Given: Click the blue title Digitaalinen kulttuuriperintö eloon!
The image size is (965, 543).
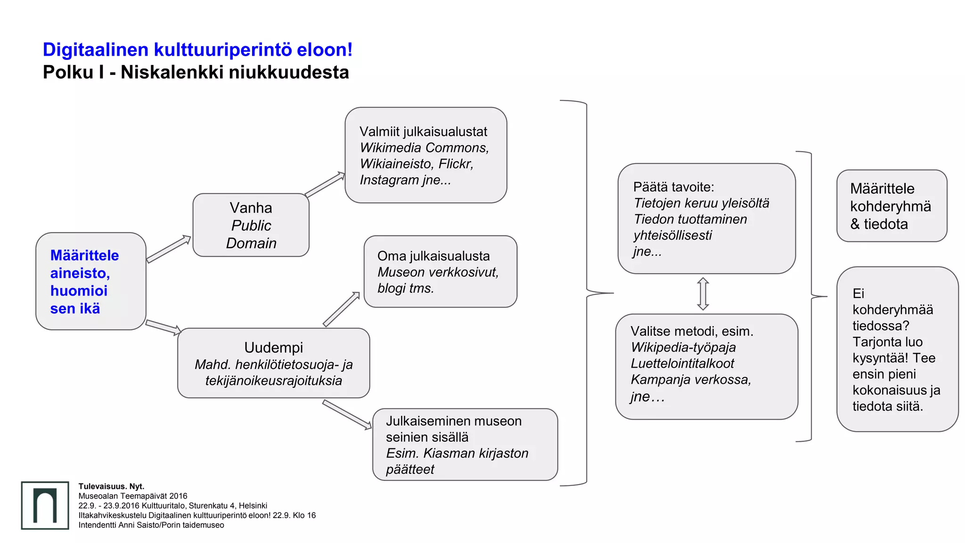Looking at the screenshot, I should coord(197,49).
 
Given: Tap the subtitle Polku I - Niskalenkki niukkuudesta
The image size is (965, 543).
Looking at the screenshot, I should coord(196,72).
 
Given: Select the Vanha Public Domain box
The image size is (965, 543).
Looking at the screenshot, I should coord(251,225).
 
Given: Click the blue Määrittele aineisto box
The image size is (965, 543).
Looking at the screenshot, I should coord(90,281).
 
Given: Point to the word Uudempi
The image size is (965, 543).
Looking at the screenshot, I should coord(273,347).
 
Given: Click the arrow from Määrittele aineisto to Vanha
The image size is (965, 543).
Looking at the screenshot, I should coord(169,248).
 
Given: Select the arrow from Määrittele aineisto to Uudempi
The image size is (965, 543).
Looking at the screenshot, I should coord(164,327).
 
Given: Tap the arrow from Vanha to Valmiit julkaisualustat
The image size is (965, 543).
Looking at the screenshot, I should coord(325,184).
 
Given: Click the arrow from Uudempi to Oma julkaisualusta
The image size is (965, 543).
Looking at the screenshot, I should coord(342,309).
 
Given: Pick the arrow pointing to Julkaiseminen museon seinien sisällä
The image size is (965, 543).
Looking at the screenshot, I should coord(347,414).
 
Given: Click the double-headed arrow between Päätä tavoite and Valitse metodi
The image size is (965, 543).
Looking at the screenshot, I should coord(703,294).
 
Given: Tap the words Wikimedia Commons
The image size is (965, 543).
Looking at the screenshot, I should coord(424,148).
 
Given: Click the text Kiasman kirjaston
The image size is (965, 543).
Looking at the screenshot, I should coord(475,453).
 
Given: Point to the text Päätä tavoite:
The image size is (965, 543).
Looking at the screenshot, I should coord(673,187).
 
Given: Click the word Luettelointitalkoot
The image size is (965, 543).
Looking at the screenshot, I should coord(682,363).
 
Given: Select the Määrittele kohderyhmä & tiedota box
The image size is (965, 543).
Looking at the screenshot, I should coord(891,206).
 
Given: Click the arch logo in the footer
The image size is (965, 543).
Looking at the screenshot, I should coord(45,505).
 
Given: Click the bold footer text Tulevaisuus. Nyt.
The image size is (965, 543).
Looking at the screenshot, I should coord(111,486).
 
